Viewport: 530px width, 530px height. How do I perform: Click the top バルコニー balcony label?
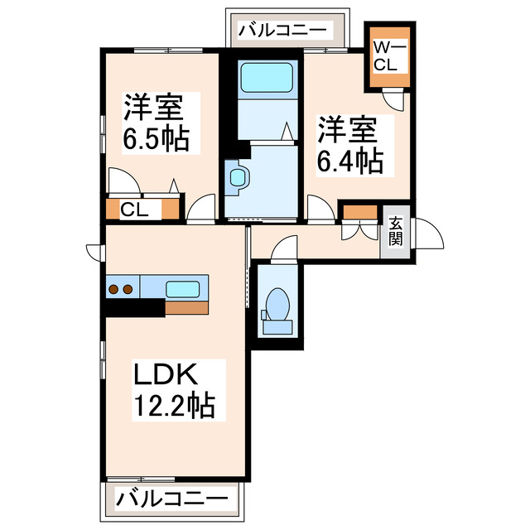284,31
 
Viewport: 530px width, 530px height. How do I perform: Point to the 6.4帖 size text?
351,159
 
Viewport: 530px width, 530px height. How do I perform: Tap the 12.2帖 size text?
174,406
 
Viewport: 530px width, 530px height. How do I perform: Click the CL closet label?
135,210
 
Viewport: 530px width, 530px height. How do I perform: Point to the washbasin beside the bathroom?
238,177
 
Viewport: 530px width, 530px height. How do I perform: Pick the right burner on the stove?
128,289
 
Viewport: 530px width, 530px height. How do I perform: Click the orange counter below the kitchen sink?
187,307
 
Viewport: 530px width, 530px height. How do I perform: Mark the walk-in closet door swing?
397,99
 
